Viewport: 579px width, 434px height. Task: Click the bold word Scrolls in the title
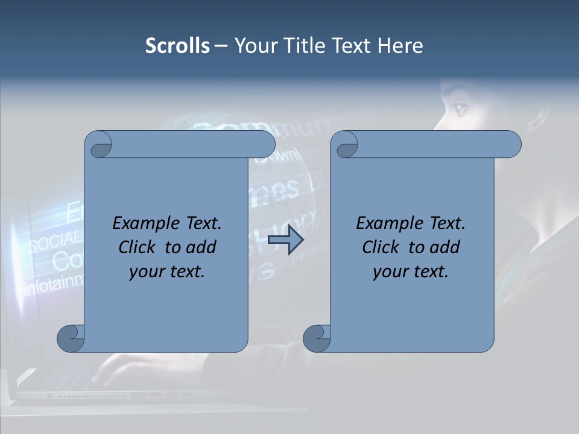[x=177, y=46]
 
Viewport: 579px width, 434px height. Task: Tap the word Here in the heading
[x=400, y=46]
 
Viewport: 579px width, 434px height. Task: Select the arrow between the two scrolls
[x=285, y=239]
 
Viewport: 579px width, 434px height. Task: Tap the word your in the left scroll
[x=145, y=272]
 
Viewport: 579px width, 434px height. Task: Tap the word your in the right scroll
[x=389, y=272]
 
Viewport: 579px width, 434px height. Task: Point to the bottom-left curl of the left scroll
[x=71, y=339]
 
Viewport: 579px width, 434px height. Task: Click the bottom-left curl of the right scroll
[x=316, y=339]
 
